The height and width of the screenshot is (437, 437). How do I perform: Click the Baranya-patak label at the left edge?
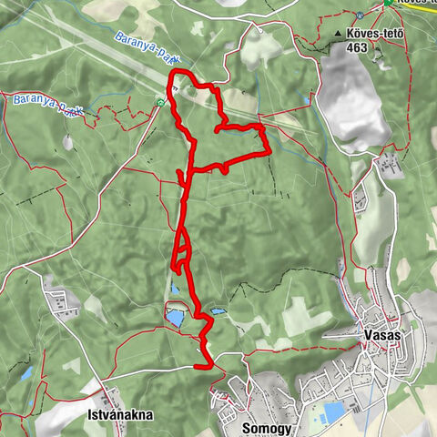pyautogui.click(x=40, y=105)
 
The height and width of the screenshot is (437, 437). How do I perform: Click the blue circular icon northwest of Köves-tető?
pyautogui.click(x=361, y=15)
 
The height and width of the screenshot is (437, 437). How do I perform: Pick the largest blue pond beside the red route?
pyautogui.click(x=174, y=318)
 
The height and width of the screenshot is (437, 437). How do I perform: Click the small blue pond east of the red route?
pyautogui.click(x=217, y=311)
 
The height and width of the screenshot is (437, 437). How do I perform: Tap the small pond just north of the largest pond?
pyautogui.click(x=174, y=290)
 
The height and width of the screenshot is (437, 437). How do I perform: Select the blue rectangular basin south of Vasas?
pyautogui.click(x=334, y=412)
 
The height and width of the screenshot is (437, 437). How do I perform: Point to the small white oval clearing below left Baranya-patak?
pyautogui.click(x=67, y=143)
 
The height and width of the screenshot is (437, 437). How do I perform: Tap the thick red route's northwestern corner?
pyautogui.click(x=173, y=75)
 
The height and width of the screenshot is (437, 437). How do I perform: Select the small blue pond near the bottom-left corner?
pyautogui.click(x=27, y=373)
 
